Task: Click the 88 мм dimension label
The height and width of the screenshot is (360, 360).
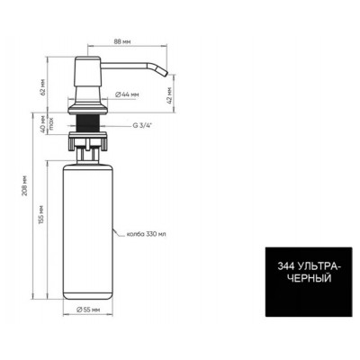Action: coord(122,41)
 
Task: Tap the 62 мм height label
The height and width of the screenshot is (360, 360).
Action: coord(43,87)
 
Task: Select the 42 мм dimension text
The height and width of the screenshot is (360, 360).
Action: coord(170,95)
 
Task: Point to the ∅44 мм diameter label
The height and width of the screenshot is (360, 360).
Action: coord(127,94)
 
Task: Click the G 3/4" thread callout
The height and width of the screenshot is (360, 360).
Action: coord(142,126)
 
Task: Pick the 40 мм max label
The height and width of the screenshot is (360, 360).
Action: coord(47,124)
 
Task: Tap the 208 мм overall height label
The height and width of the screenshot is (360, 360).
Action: coord(25,185)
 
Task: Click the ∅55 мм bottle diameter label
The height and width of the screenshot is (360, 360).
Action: coord(88,310)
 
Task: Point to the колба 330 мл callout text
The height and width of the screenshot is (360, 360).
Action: coord(146,234)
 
